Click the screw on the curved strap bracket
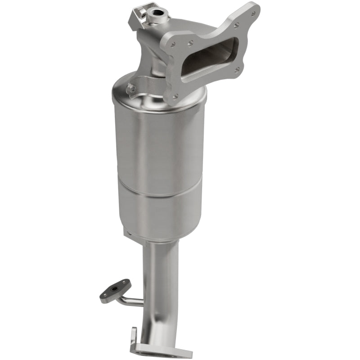132,88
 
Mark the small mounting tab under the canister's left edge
127,233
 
